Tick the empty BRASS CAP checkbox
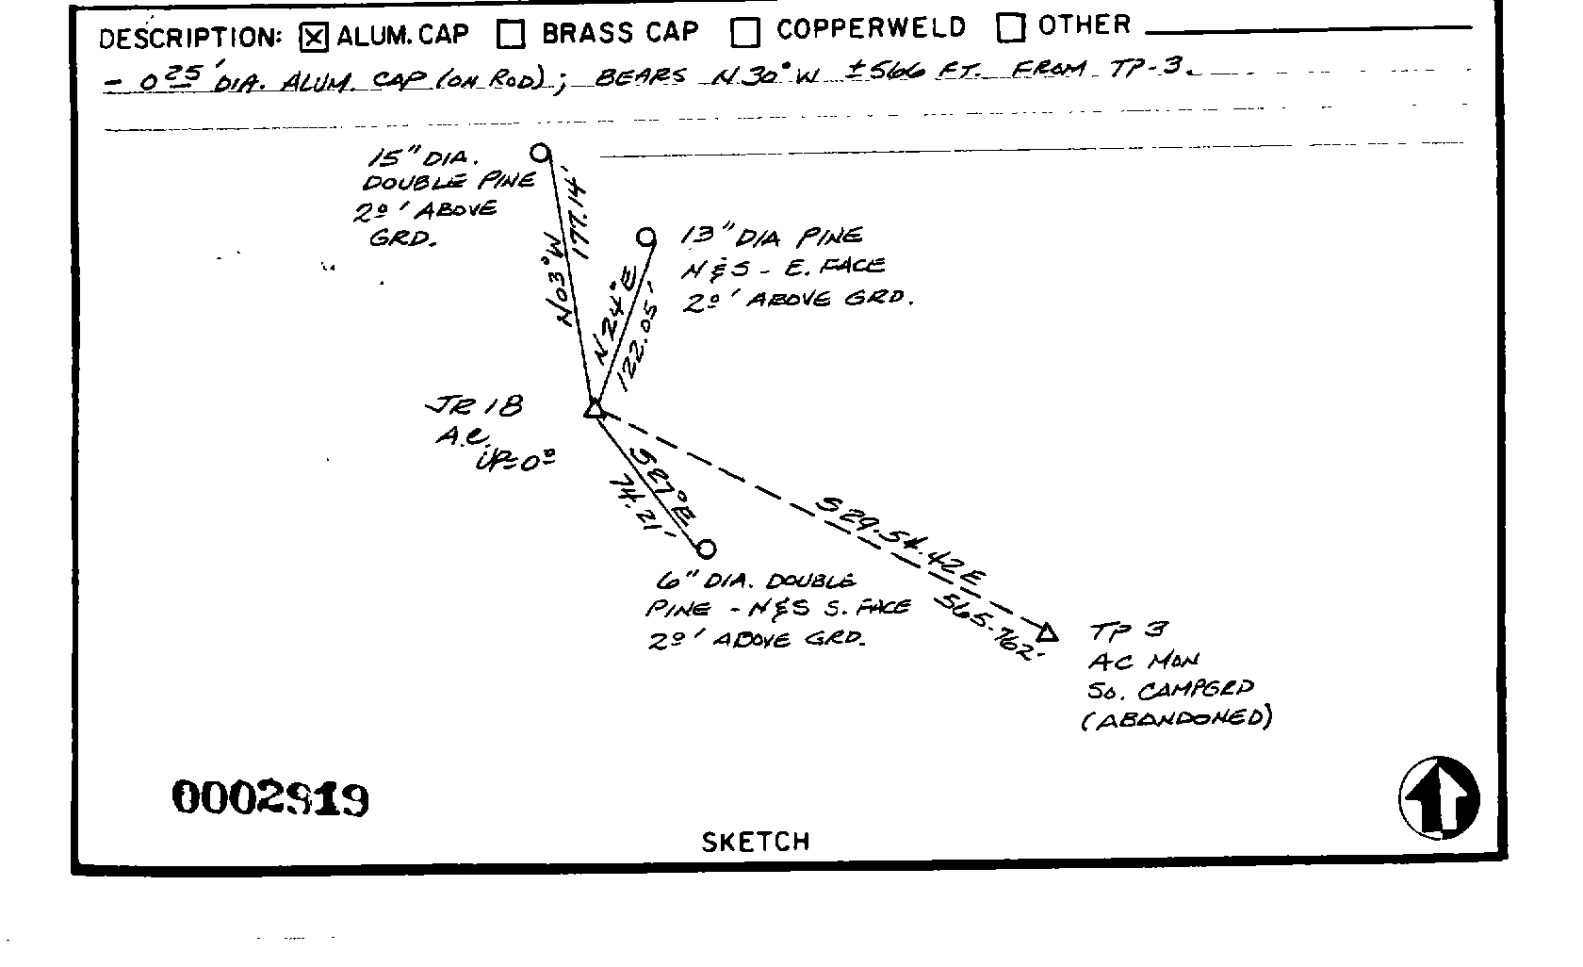click(512, 34)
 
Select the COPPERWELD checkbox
click(745, 32)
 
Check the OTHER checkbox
click(1011, 28)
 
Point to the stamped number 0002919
click(269, 799)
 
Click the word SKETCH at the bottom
click(755, 842)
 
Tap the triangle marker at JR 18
click(594, 409)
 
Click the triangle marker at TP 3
click(1047, 631)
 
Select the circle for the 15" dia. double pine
click(540, 152)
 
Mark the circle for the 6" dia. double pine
click(707, 549)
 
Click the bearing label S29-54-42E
click(900, 540)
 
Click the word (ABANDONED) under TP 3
click(1176, 718)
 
